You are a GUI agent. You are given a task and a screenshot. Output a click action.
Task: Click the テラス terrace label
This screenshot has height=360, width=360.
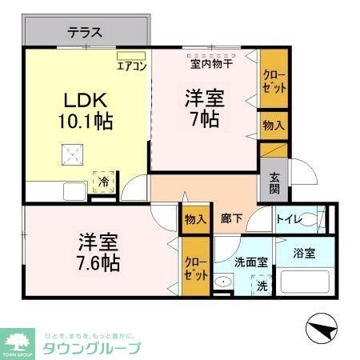coord(84,33)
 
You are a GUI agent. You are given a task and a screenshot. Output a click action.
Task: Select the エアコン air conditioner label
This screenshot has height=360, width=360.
coord(131,66)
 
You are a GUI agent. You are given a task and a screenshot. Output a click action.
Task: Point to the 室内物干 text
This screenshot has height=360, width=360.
coord(210,63)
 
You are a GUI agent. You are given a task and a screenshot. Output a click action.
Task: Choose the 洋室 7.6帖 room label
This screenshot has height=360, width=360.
coord(98,251)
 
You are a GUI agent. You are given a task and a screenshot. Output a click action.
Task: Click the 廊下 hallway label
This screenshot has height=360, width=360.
coord(232,218)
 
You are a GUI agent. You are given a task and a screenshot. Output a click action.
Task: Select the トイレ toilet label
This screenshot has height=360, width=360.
coord(289,218)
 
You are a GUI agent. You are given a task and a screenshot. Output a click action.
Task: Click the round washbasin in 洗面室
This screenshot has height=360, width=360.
coord(223,282)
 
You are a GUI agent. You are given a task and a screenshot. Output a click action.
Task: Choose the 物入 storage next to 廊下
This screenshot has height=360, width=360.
coord(195,218)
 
